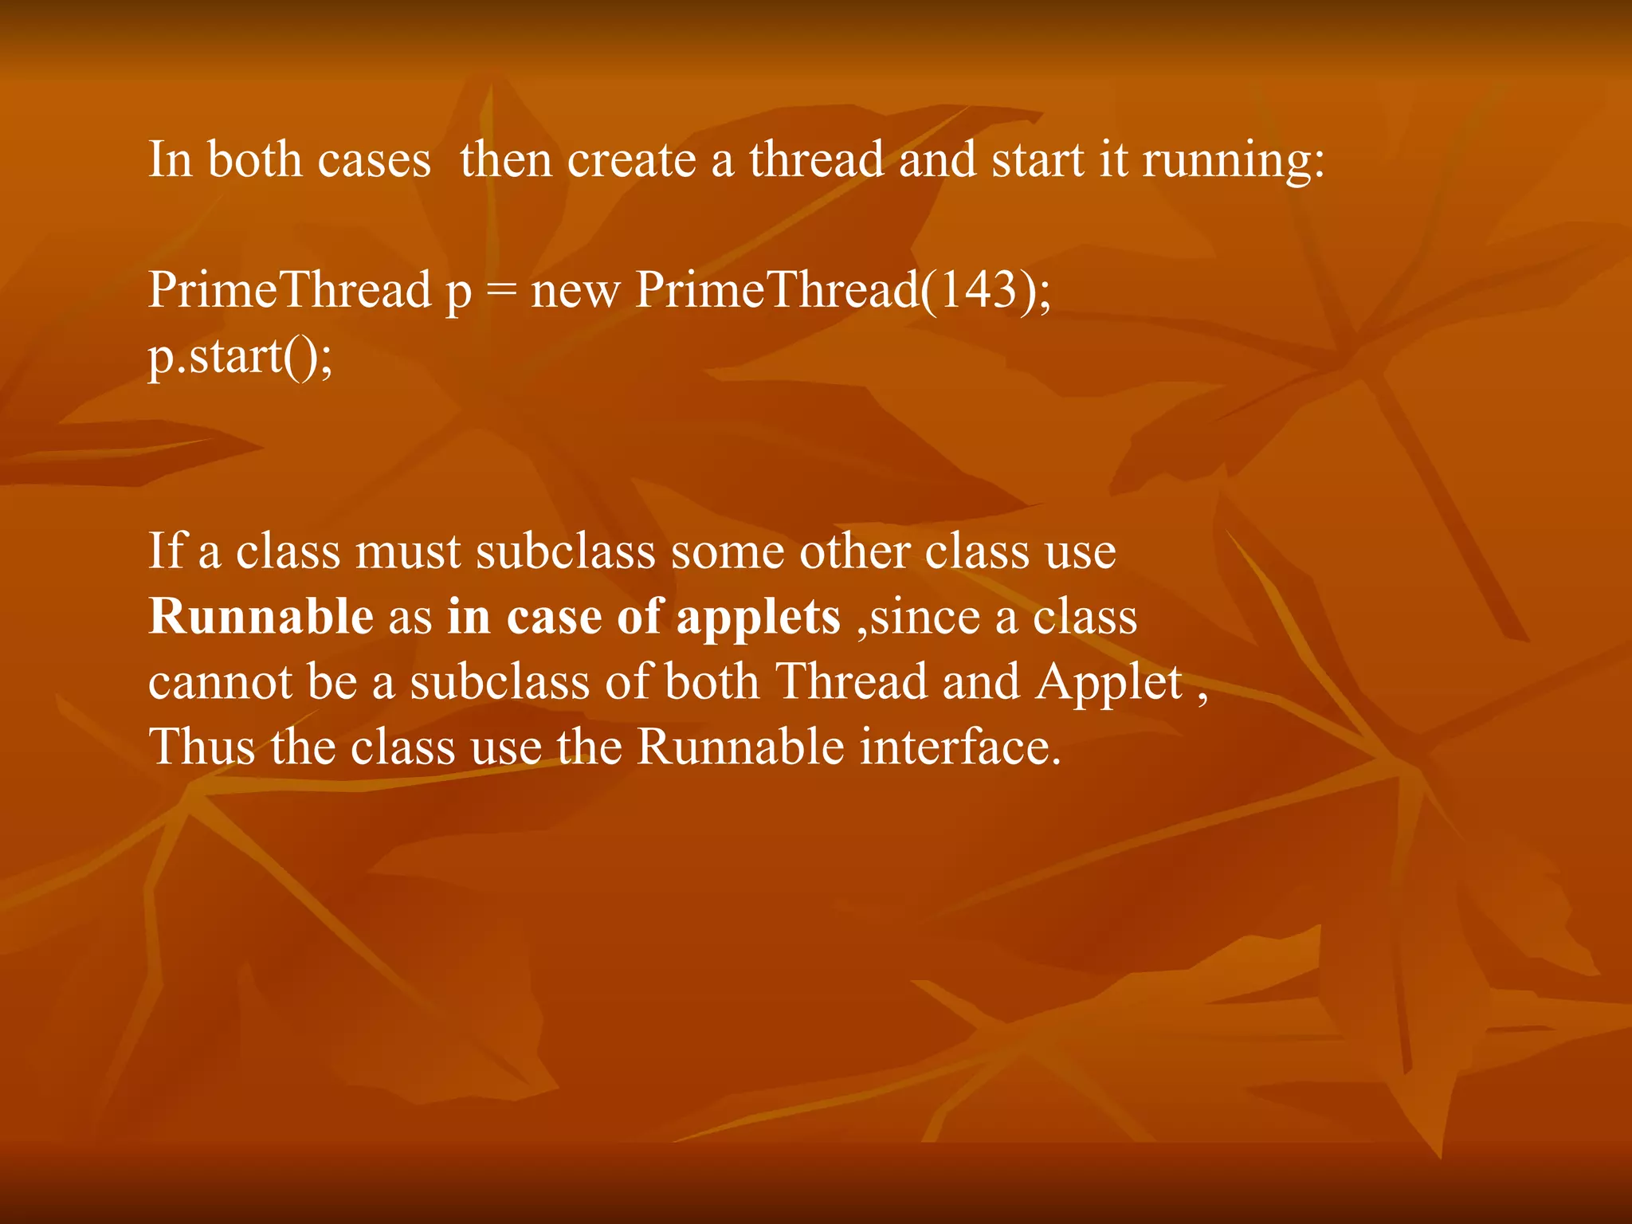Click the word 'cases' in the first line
374,160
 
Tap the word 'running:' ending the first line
1234,160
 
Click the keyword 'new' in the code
575,290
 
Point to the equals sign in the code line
501,290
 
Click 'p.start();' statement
240,356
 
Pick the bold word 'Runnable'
261,617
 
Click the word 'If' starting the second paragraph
165,551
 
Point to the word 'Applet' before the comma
1108,683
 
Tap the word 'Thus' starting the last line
202,747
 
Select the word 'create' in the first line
631,160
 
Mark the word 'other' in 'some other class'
854,551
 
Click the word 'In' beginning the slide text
171,159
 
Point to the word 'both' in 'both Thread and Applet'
711,682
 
